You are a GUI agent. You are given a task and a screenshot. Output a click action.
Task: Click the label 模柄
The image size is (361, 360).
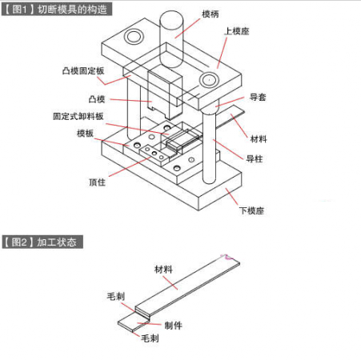click(211, 14)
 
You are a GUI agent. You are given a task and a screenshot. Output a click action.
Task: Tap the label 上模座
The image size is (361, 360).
click(237, 31)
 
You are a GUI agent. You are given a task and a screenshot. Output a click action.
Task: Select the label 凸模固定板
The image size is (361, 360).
click(83, 71)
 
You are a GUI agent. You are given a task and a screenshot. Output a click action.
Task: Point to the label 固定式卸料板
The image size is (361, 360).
click(78, 116)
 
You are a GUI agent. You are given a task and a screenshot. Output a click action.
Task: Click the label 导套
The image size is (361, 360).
click(258, 97)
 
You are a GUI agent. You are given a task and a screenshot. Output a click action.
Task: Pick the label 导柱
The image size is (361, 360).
click(255, 159)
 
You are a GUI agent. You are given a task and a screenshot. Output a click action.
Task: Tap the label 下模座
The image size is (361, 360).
click(251, 210)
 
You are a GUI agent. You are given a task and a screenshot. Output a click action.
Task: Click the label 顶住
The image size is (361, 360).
click(97, 182)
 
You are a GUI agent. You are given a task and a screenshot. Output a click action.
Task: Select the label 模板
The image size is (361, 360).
click(85, 133)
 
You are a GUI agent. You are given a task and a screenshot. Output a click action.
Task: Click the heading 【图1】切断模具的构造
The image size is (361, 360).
click(57, 9)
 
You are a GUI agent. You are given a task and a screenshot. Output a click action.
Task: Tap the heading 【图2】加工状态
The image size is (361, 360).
click(42, 242)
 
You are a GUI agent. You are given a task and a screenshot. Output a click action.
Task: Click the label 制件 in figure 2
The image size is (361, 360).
click(173, 326)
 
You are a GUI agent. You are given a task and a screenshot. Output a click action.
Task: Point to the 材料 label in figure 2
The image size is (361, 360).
click(163, 270)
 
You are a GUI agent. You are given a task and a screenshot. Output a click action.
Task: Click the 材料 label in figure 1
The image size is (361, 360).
click(259, 139)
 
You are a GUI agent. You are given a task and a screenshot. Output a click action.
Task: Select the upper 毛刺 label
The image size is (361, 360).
click(115, 296)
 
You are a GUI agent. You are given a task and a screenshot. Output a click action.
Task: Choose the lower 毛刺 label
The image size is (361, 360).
click(150, 338)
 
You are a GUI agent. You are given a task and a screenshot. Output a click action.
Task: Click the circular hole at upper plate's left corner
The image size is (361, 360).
click(134, 37)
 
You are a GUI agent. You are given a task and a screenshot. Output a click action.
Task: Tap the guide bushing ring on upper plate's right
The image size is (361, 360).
click(209, 80)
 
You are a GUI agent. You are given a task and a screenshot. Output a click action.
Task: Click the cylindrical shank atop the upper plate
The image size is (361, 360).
click(171, 38)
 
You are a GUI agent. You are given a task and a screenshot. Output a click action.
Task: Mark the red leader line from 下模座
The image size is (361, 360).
click(231, 197)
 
